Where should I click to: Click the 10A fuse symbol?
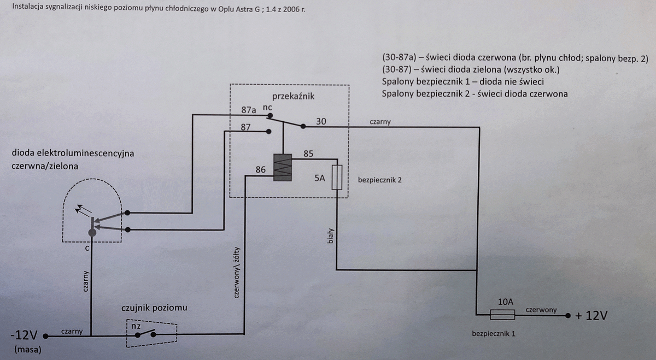[x=502, y=315]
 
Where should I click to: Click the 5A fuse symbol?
[x=337, y=177]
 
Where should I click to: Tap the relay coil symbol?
[x=283, y=167]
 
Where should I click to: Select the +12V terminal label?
[x=591, y=316]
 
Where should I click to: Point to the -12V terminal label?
[x=24, y=335]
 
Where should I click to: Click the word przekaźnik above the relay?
[x=293, y=96]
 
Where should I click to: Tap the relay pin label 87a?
[x=249, y=110]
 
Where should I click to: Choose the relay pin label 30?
[x=321, y=121]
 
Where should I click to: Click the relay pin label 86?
[x=260, y=170]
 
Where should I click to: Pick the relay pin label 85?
[x=308, y=154]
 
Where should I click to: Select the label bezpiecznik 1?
[x=494, y=334]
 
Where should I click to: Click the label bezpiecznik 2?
[x=380, y=180]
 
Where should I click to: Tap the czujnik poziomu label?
[x=154, y=308]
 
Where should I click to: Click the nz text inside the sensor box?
[x=136, y=326]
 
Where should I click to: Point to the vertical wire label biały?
[x=330, y=236]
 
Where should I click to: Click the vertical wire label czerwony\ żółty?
[x=237, y=273]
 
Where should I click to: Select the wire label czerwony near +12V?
[x=541, y=310]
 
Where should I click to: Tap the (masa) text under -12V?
[x=28, y=350]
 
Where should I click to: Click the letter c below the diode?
[x=87, y=249]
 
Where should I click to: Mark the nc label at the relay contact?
[x=267, y=108]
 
